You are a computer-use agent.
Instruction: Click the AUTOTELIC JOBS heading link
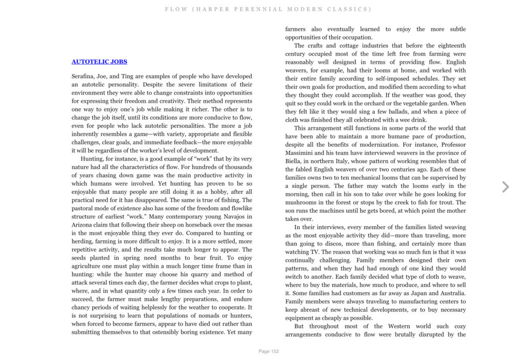click(99, 62)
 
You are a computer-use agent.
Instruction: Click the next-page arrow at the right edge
click(506, 187)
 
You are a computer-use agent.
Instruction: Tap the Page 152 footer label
click(269, 351)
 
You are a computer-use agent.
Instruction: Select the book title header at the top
click(268, 9)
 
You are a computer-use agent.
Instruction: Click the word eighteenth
click(449, 46)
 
